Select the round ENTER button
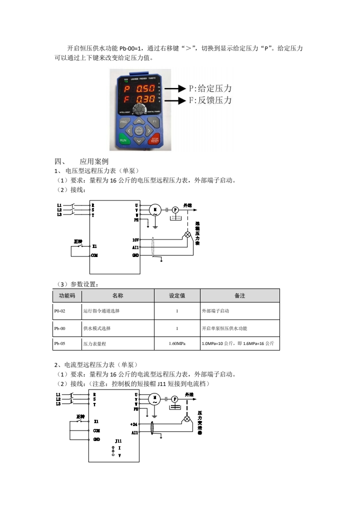click(x=139, y=131)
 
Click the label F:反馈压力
click(x=210, y=100)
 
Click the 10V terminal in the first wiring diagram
click(x=135, y=239)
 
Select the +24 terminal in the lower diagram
click(x=133, y=424)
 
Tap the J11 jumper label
click(x=118, y=441)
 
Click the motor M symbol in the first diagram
click(x=154, y=210)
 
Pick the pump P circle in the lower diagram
click(x=174, y=399)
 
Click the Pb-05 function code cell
click(x=60, y=344)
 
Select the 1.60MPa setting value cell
click(x=177, y=344)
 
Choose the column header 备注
click(x=239, y=295)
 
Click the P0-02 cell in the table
click(x=60, y=311)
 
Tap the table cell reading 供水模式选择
click(x=97, y=328)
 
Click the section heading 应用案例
click(x=94, y=161)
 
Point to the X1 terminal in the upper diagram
click(x=94, y=246)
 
